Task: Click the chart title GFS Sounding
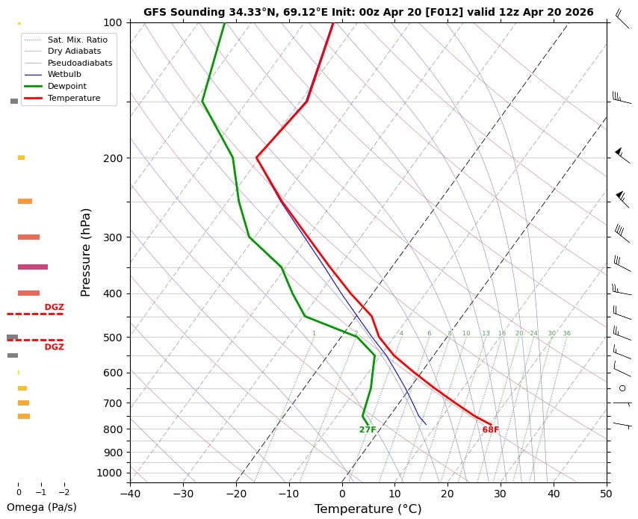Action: coord(368,12)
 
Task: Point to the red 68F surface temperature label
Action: coord(490,430)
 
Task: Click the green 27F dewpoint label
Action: coord(368,430)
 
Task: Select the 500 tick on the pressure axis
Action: coord(112,338)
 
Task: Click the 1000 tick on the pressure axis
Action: coord(110,473)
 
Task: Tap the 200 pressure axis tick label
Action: coord(112,158)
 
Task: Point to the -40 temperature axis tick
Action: coord(130,493)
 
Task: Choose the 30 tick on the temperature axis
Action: coord(501,493)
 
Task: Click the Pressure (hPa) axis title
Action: coord(86,252)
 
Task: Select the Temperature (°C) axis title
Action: coord(368,509)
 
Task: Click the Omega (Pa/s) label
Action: coord(41,507)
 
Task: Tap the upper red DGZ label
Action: coord(55,307)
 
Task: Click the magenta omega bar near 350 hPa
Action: coord(33,267)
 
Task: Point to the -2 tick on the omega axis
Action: coord(64,493)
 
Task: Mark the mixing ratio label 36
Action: coord(566,334)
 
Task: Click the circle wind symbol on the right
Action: coord(622,388)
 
